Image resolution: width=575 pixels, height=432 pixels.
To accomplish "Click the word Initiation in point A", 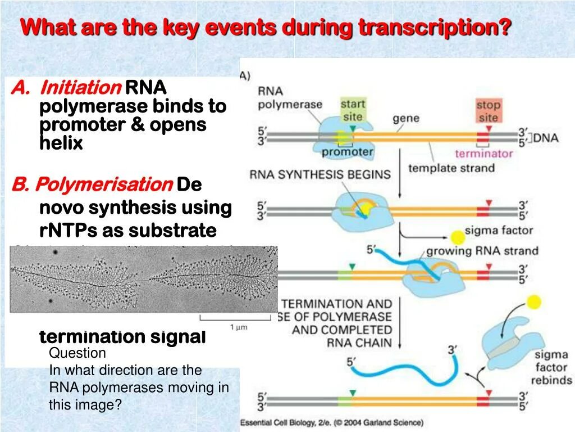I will [81, 88].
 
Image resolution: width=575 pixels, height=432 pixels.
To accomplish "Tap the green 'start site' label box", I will [353, 110].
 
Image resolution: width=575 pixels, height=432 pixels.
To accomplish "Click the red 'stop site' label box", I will [488, 111].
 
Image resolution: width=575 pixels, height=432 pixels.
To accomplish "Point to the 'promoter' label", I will [348, 152].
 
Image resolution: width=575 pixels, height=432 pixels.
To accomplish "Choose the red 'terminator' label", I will [483, 154].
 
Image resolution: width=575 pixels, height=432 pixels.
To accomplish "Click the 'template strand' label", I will [451, 168].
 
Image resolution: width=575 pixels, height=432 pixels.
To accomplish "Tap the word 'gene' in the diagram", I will [406, 119].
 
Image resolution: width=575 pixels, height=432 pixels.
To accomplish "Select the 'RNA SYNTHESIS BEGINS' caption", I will [320, 174].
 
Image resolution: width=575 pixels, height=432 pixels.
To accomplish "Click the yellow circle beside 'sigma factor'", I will [458, 236].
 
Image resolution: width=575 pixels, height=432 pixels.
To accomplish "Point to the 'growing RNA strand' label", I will [482, 251].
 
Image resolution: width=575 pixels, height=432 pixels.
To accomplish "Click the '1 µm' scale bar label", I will [239, 327].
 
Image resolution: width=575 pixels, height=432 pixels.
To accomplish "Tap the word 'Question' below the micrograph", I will [77, 353].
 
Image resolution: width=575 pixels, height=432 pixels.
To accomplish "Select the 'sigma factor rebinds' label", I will [551, 367].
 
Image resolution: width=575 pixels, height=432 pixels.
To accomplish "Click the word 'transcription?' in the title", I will [435, 27].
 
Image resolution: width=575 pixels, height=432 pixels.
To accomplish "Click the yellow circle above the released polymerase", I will [535, 302].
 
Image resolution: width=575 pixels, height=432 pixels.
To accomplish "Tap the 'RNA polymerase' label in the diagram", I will [290, 98].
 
